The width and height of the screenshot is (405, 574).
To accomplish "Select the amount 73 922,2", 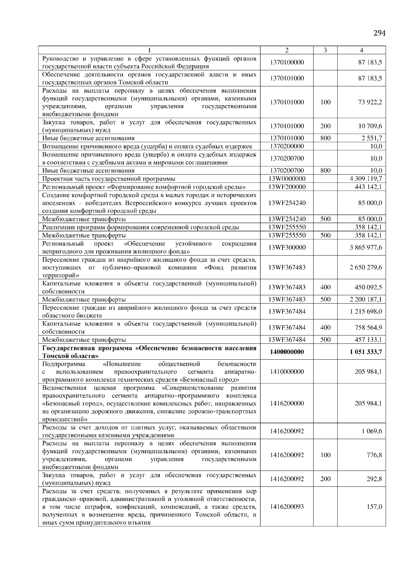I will tap(370, 102).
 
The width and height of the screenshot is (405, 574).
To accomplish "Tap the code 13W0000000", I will tap(287, 178).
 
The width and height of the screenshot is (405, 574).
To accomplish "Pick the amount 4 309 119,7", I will tap(366, 178).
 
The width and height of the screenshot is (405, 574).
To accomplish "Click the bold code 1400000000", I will tap(287, 352).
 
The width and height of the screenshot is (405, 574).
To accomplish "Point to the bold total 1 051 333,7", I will tap(366, 352).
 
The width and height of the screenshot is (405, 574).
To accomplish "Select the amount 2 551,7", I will tap(372, 138).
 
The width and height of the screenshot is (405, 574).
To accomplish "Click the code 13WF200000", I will tap(287, 187).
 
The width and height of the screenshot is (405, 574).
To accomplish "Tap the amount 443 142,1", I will tap(368, 187).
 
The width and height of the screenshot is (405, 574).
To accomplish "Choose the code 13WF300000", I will tap(287, 247).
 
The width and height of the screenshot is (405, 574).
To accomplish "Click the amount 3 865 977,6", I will tap(366, 247).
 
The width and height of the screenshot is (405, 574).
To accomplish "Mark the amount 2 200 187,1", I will tap(366, 299).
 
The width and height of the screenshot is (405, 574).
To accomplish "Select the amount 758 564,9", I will tap(368, 327).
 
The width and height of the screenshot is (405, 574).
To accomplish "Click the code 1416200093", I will tap(287, 506).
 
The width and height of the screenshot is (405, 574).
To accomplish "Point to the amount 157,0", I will tap(374, 506).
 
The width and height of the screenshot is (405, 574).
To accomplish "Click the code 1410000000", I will tap(287, 372).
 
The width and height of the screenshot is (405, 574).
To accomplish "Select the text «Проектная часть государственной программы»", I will tap(109, 179).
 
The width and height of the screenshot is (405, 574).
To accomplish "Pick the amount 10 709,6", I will tap(370, 126).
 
